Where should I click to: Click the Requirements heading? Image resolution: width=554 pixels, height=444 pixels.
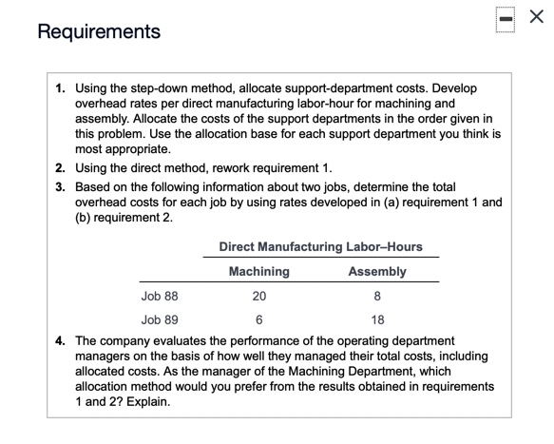[100, 31]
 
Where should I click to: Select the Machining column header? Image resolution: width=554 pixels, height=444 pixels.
[259, 271]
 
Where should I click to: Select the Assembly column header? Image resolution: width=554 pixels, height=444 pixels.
[377, 271]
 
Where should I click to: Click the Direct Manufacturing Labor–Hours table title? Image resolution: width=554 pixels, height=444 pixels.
[320, 246]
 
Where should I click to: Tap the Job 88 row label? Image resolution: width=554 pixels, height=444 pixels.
[159, 296]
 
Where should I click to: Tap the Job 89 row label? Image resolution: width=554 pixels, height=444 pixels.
[159, 319]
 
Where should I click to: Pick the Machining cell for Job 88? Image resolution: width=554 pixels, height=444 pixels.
[259, 296]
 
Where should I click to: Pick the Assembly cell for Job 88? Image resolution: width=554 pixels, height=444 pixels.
[377, 296]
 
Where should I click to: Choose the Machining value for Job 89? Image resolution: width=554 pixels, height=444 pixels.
[259, 319]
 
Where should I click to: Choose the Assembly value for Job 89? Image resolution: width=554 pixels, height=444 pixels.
[377, 319]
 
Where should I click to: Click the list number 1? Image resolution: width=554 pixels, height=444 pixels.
[60, 87]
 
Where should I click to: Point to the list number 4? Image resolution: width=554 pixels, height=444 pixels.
[60, 339]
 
